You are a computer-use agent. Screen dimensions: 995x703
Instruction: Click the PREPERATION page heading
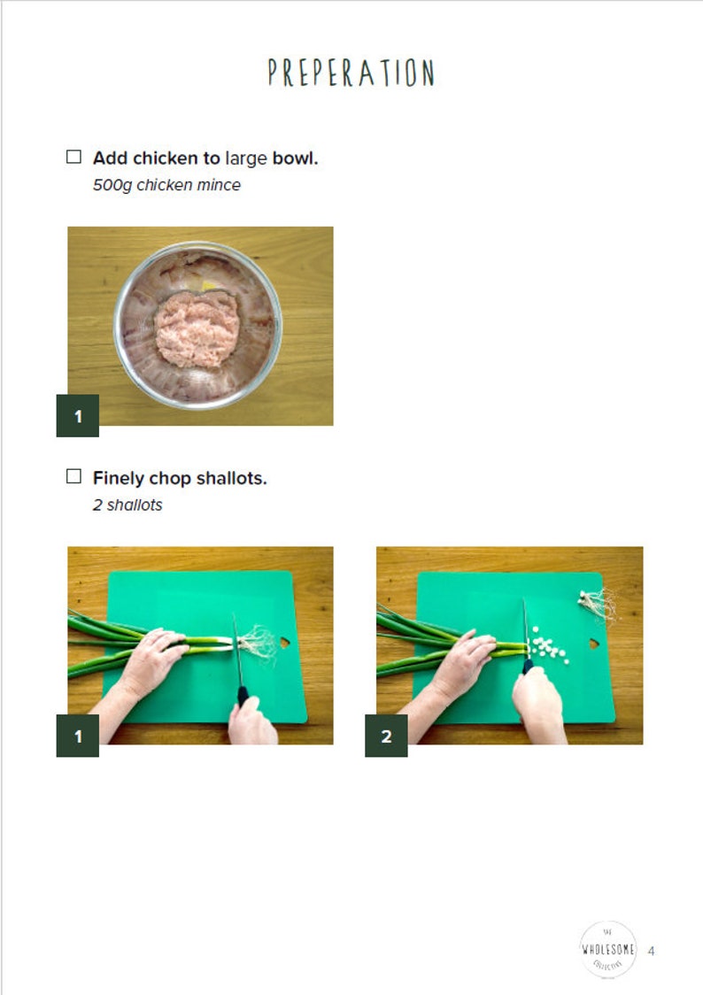click(351, 73)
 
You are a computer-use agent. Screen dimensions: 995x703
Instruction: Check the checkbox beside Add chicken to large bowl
click(74, 158)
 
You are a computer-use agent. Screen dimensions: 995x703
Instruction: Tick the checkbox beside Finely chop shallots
click(74, 477)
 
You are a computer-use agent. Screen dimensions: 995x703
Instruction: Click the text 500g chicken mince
click(166, 185)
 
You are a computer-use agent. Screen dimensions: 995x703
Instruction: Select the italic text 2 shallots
click(127, 505)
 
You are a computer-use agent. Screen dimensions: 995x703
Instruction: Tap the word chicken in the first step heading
click(166, 158)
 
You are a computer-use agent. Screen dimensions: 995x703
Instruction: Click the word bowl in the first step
click(295, 158)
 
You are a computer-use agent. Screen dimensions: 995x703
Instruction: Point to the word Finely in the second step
click(118, 478)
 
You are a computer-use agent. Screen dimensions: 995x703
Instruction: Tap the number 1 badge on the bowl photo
click(78, 416)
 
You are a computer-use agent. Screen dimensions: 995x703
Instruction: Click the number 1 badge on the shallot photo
click(78, 736)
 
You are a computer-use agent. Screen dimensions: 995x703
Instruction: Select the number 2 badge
click(386, 736)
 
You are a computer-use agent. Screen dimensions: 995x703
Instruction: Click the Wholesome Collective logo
click(607, 950)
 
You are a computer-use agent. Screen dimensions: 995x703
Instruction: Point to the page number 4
click(652, 951)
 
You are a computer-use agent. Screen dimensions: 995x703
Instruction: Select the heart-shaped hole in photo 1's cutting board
click(285, 642)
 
